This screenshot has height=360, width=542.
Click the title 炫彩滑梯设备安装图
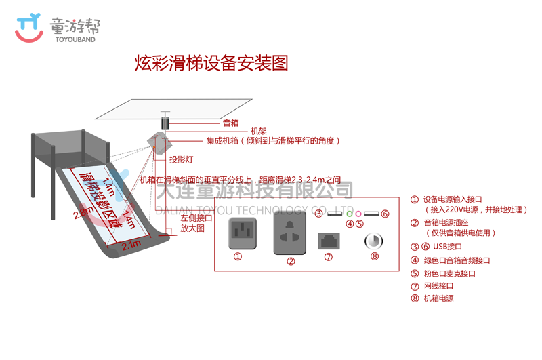tap(212, 64)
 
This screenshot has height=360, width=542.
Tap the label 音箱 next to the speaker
tap(230, 123)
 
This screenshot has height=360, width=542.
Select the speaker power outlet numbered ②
tap(290, 233)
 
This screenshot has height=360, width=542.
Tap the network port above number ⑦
tap(329, 240)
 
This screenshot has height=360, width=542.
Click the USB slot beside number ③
tap(335, 214)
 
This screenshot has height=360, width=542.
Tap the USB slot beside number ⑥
tap(371, 214)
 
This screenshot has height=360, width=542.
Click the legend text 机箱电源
tap(438, 298)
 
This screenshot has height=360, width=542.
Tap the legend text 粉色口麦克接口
tap(449, 273)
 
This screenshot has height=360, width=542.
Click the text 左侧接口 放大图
tap(196, 223)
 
